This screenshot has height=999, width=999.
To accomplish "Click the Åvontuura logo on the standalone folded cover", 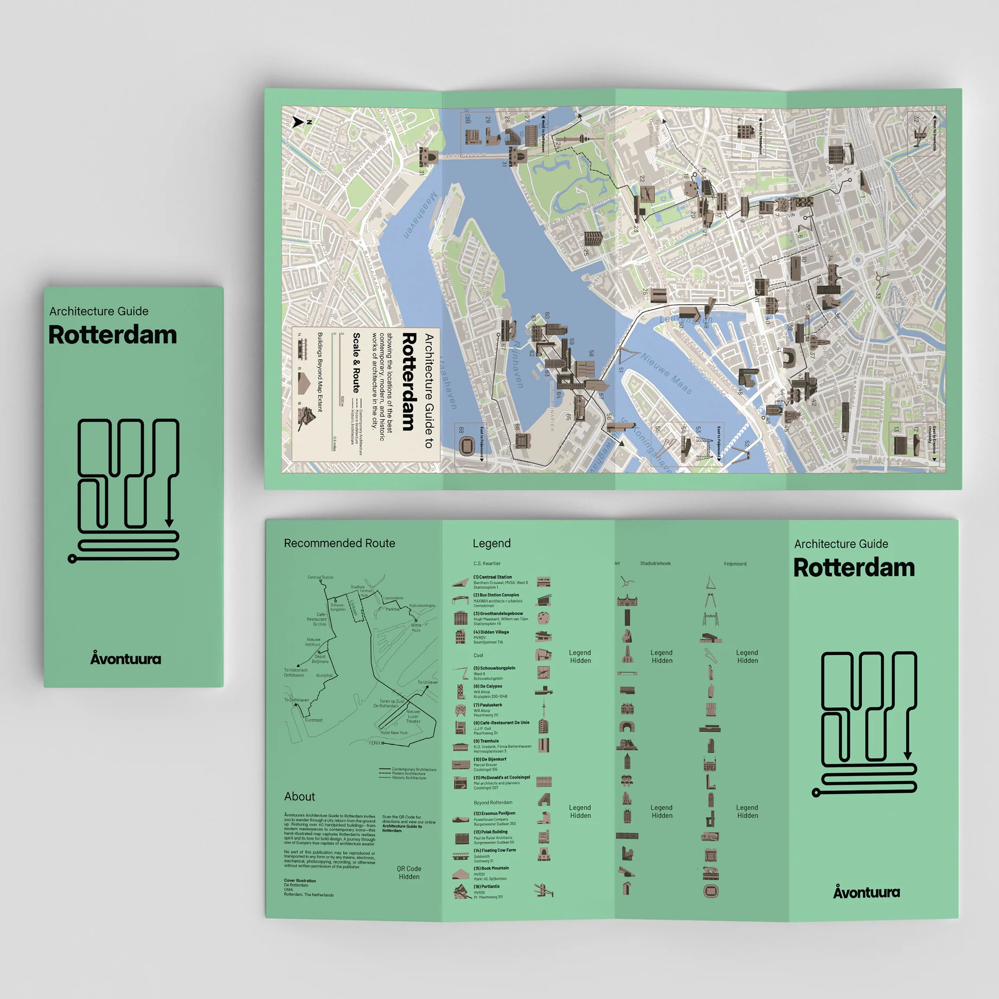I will point(125,658).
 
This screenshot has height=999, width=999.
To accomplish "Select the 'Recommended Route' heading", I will point(340,543).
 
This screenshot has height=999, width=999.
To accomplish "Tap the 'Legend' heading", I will point(491,543).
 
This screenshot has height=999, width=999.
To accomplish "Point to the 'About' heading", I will point(299,796).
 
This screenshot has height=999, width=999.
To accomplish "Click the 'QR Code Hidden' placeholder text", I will point(409,873).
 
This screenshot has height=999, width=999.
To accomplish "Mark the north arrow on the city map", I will point(298,122).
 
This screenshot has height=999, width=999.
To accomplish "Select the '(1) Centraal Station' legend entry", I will point(492,577).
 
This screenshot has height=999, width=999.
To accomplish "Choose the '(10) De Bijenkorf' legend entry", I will point(490,759).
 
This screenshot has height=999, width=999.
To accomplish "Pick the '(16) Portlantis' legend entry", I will point(486,887).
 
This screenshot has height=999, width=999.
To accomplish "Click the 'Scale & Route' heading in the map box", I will point(356,363).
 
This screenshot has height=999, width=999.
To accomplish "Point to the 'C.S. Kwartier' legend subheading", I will point(486,563).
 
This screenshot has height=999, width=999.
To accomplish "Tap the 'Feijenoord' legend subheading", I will point(735,563).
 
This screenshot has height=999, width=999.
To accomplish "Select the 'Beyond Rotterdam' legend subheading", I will point(492,803).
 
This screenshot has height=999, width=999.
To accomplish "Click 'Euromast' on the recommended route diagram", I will point(313,720).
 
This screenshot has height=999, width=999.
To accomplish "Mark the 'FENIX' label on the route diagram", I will point(374,743).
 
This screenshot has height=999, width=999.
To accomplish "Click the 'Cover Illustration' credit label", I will point(300,880).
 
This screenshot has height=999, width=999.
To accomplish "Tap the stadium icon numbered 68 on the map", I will point(466,446).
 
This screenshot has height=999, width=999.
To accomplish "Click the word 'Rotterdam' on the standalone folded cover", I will point(112,335).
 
